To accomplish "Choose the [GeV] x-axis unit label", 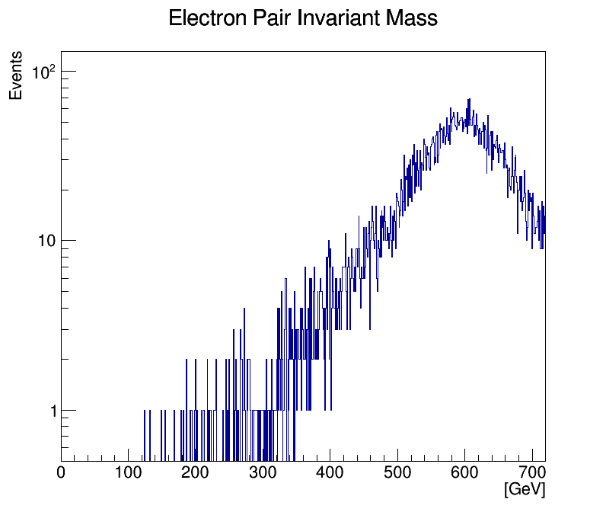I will (x=525, y=490).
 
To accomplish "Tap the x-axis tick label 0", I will (x=62, y=473).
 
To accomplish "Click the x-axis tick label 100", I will (x=128, y=473).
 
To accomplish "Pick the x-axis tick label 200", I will (x=195, y=473).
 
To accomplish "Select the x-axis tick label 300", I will (x=262, y=473).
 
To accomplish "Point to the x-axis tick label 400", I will (x=329, y=473).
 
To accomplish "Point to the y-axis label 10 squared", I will (x=43, y=73).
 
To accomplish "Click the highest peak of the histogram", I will (x=469, y=100).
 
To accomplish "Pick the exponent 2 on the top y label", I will (x=53, y=68).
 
